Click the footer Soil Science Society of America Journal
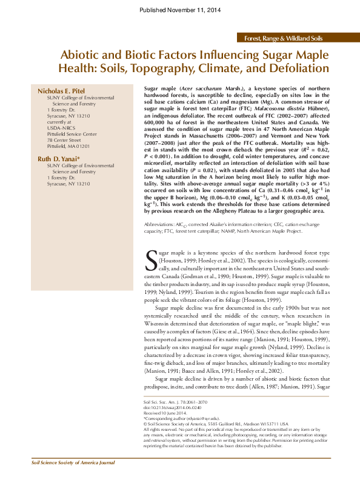(x=73, y=462)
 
